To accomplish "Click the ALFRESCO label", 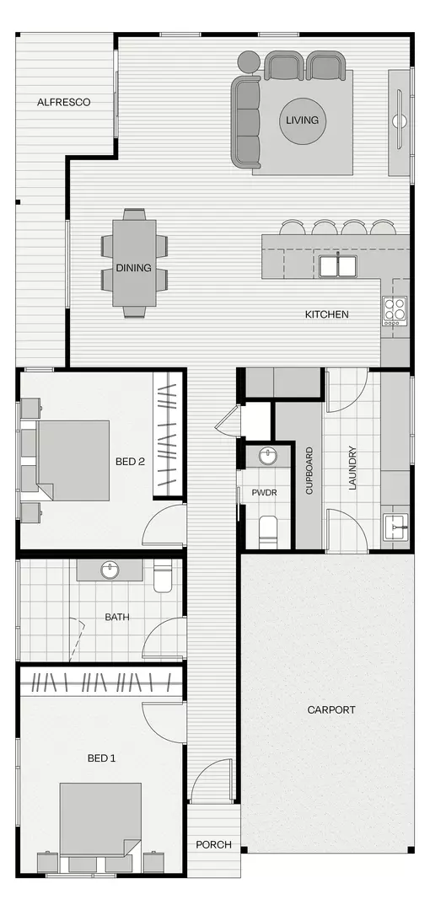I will click(x=63, y=102).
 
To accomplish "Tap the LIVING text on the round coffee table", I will click(x=302, y=120).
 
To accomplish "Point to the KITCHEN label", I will click(x=326, y=314).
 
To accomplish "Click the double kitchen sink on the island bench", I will click(x=337, y=265).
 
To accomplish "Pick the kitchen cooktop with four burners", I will click(x=395, y=311).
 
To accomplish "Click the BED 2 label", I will click(x=131, y=462).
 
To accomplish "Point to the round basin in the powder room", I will click(x=268, y=457).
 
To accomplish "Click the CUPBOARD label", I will click(x=309, y=471).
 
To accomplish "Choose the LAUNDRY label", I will click(x=352, y=468).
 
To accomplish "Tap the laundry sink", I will click(x=395, y=527).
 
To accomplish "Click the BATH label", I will click(x=117, y=618).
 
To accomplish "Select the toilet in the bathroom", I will click(x=164, y=577).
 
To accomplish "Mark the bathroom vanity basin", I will click(x=110, y=570).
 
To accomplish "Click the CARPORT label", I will click(x=331, y=709).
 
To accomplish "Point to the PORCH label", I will click(x=213, y=844).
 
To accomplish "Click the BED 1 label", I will click(x=101, y=758).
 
